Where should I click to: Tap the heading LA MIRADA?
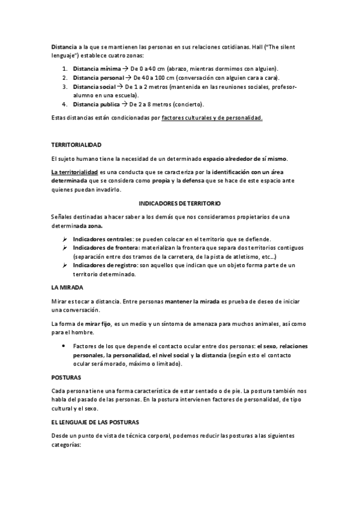[67, 287]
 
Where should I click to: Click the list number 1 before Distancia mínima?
[64, 68]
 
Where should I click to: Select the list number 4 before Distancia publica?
[64, 104]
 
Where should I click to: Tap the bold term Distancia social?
[92, 86]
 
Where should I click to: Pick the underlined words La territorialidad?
[74, 173]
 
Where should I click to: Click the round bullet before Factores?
[64, 346]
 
